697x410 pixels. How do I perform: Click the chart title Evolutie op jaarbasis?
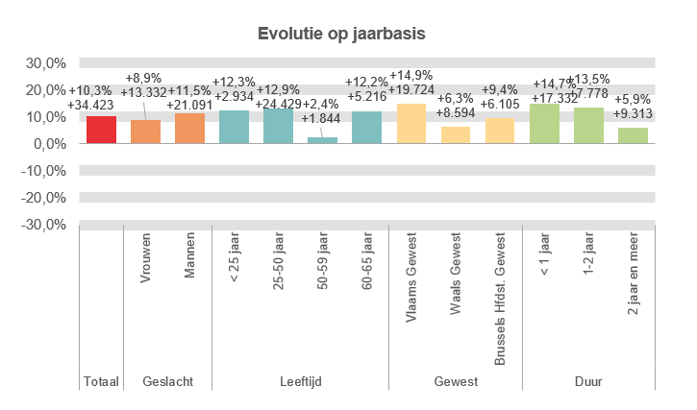tap(341, 34)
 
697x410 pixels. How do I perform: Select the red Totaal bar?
tap(101, 130)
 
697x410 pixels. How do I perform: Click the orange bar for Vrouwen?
tap(145, 132)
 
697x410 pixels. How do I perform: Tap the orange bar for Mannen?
tap(189, 129)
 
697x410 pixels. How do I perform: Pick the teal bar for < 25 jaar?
tap(234, 127)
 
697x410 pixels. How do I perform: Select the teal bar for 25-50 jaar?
tap(278, 126)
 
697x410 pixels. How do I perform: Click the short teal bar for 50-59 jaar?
tap(322, 140)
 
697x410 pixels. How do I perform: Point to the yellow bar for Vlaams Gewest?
tap(411, 124)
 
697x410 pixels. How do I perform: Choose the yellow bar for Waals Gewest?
tap(456, 135)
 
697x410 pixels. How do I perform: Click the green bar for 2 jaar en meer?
tap(633, 135)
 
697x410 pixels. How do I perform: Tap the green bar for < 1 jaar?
tap(544, 124)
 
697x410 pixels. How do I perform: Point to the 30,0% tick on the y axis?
tap(46, 63)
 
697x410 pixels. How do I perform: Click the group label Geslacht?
tap(167, 381)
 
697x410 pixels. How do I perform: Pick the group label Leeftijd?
tap(300, 381)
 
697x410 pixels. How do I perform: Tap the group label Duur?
tap(588, 381)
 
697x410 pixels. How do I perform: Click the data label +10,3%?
tap(91, 89)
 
